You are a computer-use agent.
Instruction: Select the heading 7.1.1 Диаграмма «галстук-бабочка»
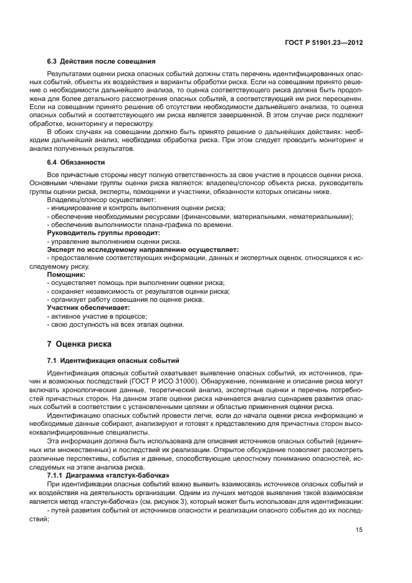(108, 476)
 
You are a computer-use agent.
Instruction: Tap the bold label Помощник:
(66, 274)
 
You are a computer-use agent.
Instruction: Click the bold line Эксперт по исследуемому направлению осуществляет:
(143, 249)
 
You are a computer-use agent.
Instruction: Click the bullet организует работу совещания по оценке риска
(125, 300)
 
